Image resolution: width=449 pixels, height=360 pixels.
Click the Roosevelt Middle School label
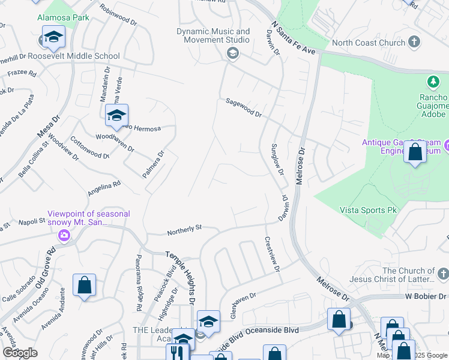tap(74, 56)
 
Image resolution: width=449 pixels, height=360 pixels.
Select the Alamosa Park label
tap(63, 17)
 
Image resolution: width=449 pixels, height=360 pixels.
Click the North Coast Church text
tap(363, 43)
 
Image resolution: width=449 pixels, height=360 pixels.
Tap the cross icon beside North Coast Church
tap(413, 42)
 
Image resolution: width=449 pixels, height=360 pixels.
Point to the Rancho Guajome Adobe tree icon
tap(432, 81)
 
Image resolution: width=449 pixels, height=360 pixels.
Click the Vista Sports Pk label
tap(369, 210)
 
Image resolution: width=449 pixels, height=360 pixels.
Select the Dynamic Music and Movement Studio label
tap(213, 35)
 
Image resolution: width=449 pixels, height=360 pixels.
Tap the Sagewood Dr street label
tap(244, 108)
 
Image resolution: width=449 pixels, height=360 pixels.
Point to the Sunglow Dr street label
tap(277, 159)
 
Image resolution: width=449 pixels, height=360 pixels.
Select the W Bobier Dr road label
tap(418, 296)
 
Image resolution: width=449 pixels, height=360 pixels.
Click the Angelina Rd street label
tap(104, 188)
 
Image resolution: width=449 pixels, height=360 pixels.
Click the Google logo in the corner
tap(20, 353)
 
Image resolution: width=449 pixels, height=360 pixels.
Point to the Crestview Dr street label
tap(273, 254)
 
